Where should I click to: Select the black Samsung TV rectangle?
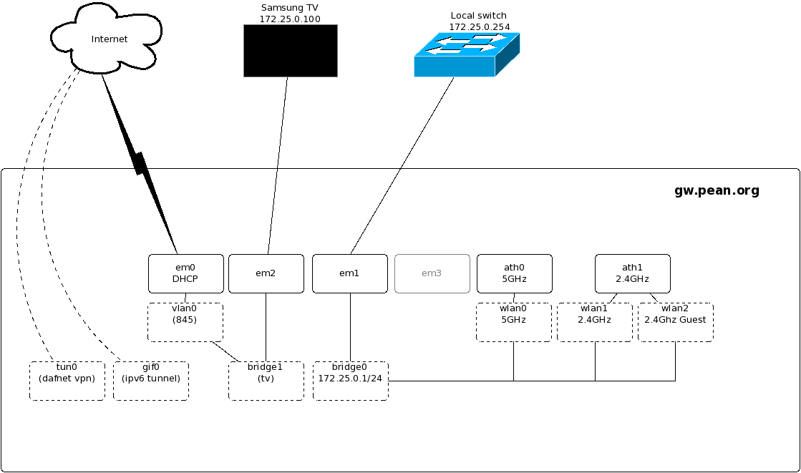pos(291,51)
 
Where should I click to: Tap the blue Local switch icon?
pos(467,54)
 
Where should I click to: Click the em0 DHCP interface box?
pos(186,274)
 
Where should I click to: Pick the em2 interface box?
pos(266,274)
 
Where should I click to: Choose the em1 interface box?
pos(350,274)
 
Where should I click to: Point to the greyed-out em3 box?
pos(432,274)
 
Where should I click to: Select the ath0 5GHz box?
pos(515,274)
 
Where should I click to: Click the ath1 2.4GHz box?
pos(632,274)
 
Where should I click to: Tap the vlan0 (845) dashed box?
pos(185,322)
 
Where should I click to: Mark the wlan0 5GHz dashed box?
pos(514,322)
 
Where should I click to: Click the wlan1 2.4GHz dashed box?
pos(595,322)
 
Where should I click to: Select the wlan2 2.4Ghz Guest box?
pos(675,322)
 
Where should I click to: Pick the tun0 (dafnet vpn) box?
pos(67,381)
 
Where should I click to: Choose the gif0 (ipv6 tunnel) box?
pos(151,381)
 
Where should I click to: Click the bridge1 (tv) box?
pos(266,381)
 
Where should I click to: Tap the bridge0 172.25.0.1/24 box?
pos(351,381)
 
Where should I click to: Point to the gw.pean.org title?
pos(717,190)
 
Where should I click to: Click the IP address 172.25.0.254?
pos(480,27)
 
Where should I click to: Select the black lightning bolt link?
pos(140,163)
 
